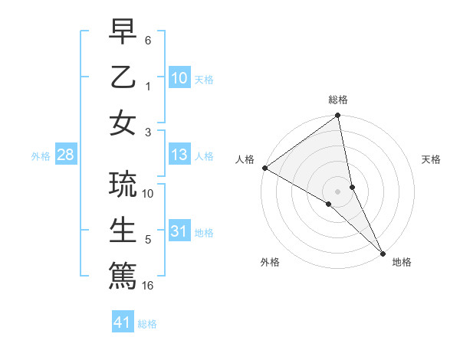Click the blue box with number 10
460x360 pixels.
[179, 77]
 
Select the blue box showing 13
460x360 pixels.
[179, 155]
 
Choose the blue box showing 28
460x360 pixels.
[65, 155]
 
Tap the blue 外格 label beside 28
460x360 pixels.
[41, 156]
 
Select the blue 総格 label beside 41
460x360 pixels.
[147, 324]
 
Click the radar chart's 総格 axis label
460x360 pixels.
[338, 100]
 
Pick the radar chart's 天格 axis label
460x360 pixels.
[431, 159]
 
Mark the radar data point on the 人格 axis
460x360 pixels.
[264, 168]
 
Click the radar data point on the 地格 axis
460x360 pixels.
[382, 253]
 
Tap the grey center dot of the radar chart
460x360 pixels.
[338, 191]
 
